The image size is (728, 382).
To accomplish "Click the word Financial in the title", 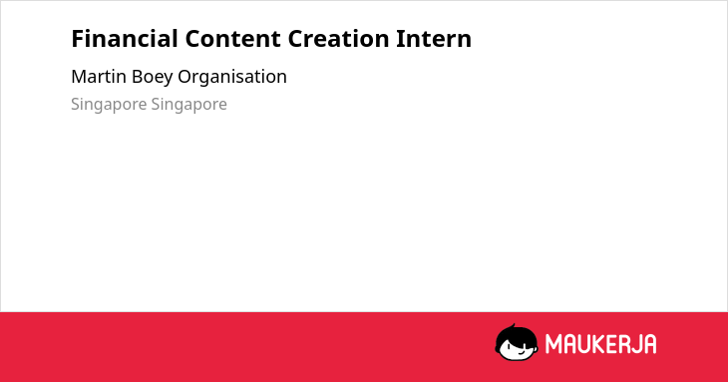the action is click(x=125, y=39).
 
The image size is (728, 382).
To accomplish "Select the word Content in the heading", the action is click(x=232, y=39).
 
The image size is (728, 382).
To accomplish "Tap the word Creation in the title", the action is click(x=338, y=39).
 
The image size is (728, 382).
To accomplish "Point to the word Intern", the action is click(x=434, y=39).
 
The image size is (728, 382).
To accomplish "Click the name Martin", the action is click(x=99, y=77).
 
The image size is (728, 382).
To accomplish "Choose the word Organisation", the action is click(x=232, y=78).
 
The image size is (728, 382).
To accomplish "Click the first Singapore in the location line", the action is click(x=109, y=105).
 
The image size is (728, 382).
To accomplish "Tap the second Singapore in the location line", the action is click(x=188, y=105).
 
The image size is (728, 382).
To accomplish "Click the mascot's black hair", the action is click(x=516, y=335).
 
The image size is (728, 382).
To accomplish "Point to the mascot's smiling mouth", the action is click(x=521, y=353).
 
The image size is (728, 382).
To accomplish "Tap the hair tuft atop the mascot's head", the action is click(x=513, y=327).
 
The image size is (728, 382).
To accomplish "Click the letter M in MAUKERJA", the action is click(x=553, y=344).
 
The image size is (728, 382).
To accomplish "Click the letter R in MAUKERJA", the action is click(x=624, y=344).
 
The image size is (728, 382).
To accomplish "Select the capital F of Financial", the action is click(x=77, y=39).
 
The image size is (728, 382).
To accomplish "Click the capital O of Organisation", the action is click(x=184, y=77).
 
